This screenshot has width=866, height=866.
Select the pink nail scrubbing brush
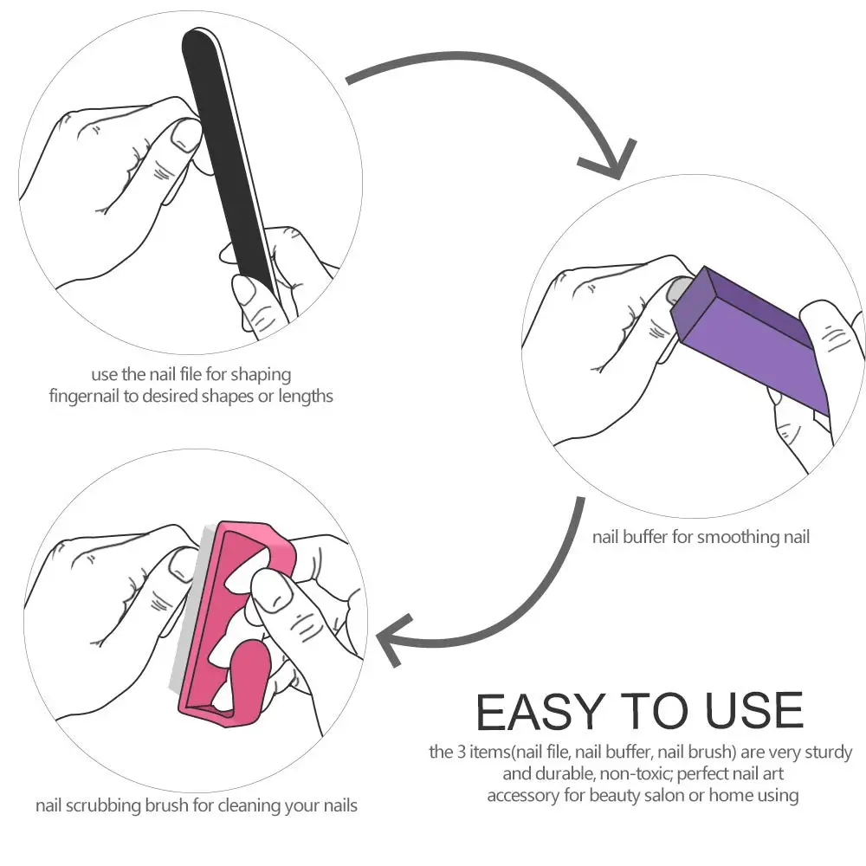coord(232,624)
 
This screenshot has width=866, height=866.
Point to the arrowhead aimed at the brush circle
coord(393,640)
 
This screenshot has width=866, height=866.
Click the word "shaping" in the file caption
coord(261,376)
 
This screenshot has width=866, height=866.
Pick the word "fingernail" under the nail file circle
coord(84,397)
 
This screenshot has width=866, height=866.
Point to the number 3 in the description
coord(462,753)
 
